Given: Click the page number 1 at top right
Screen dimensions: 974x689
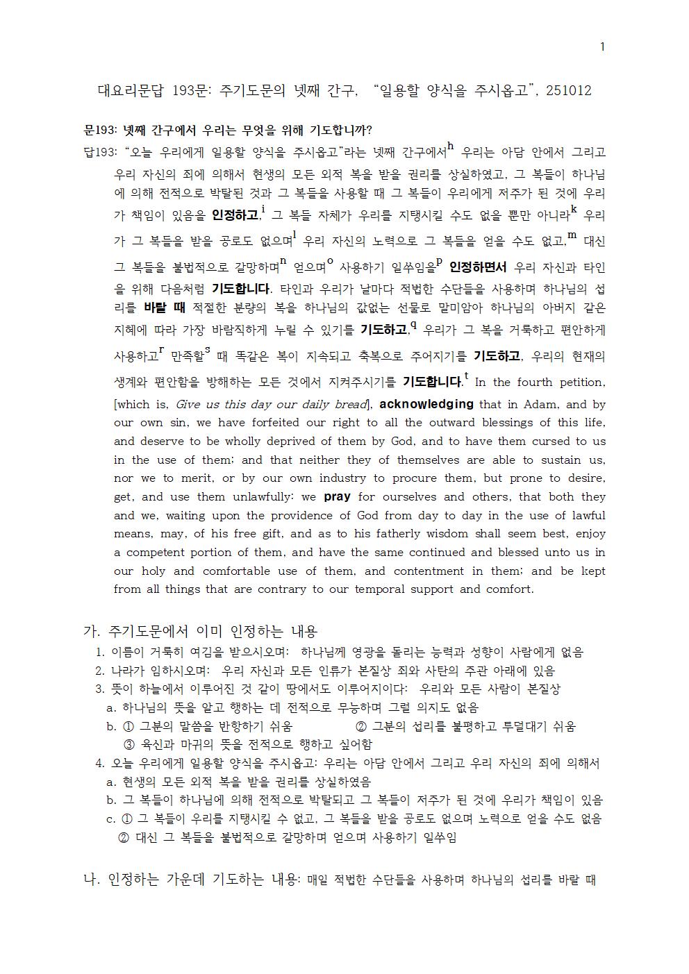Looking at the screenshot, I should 602,47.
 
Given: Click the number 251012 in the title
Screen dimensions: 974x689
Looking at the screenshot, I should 568,91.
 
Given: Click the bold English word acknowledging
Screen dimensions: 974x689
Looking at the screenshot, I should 426,404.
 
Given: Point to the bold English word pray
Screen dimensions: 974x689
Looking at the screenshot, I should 337,497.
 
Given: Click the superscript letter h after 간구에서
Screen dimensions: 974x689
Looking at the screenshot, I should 451,146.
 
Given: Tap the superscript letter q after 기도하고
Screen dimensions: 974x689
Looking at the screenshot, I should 413,324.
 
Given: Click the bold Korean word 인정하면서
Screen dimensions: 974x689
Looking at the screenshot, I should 478,267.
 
